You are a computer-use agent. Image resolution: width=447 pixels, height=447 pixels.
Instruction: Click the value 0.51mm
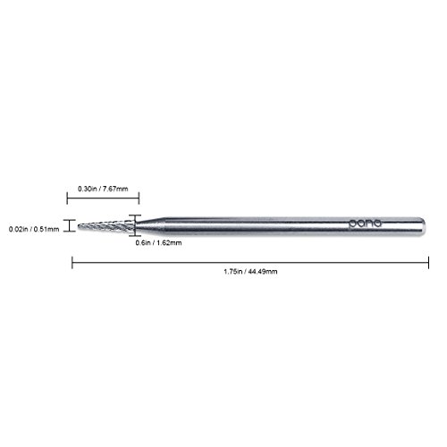coord(47,227)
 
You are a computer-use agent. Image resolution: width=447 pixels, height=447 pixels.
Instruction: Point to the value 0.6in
coord(141,243)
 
